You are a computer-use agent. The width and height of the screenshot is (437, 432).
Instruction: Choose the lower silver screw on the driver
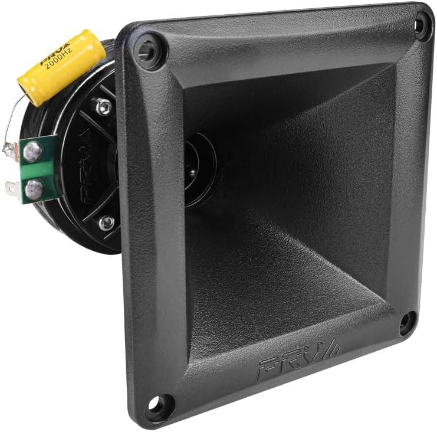coord(106,222)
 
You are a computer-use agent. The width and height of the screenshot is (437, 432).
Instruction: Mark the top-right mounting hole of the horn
coord(420,25)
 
